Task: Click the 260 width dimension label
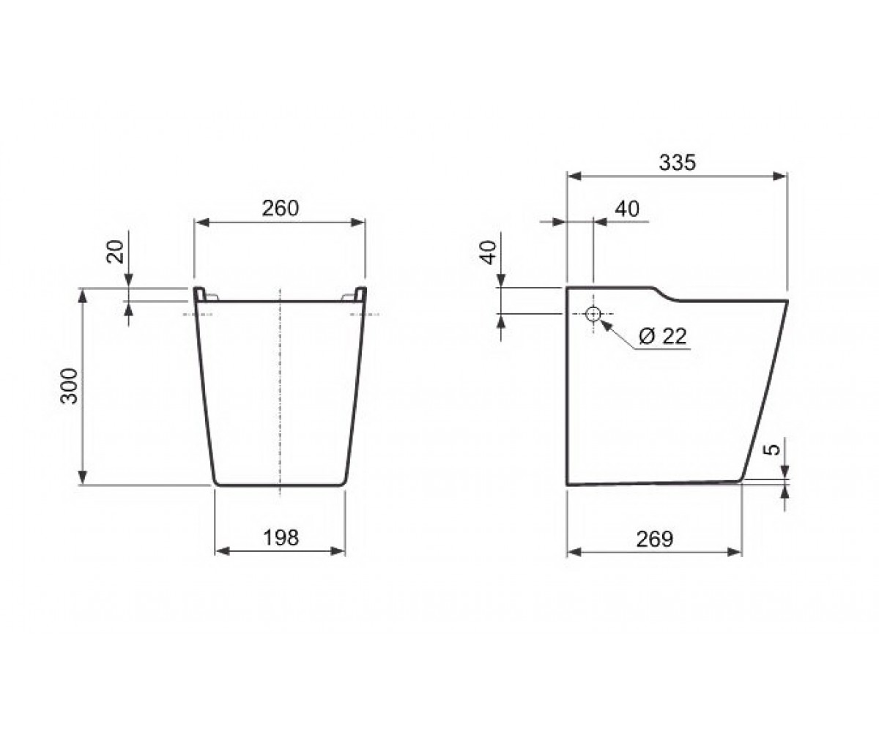pos(281,208)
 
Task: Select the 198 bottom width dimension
pos(281,537)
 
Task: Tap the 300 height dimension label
pos(69,386)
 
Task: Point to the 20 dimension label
pos(115,252)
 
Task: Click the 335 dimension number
pos(678,163)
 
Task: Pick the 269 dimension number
pos(655,539)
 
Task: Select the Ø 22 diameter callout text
pos(663,336)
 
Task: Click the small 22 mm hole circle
pos(593,313)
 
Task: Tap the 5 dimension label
pos(771,449)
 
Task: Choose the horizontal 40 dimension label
pos(627,209)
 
